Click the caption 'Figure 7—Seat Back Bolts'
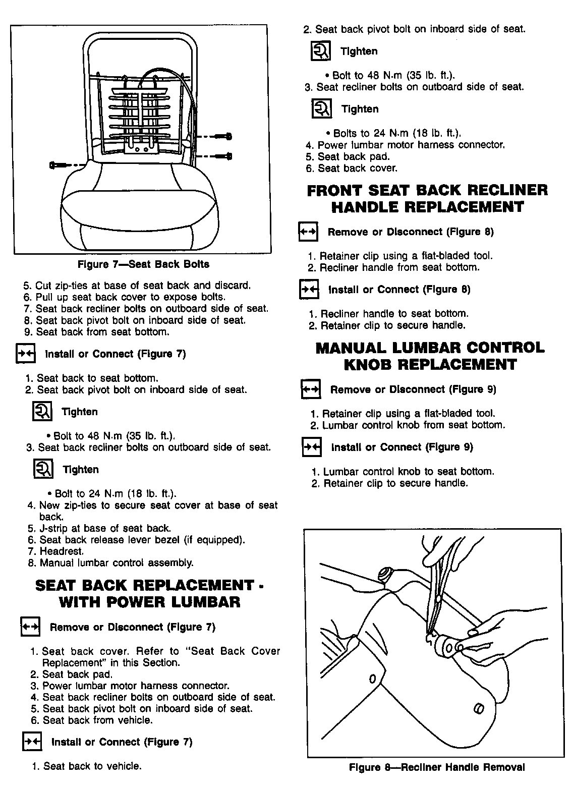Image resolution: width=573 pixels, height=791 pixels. (x=143, y=264)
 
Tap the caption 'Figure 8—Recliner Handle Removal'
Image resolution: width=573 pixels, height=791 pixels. (x=437, y=767)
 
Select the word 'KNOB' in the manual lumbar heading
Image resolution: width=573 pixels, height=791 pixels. (x=368, y=364)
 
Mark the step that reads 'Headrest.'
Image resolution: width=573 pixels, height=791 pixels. (x=62, y=551)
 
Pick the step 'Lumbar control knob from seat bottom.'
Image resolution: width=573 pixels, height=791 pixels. (x=408, y=425)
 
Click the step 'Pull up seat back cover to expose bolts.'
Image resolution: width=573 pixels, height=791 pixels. (x=131, y=297)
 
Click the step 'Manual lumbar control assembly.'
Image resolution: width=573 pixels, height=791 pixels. (x=111, y=562)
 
